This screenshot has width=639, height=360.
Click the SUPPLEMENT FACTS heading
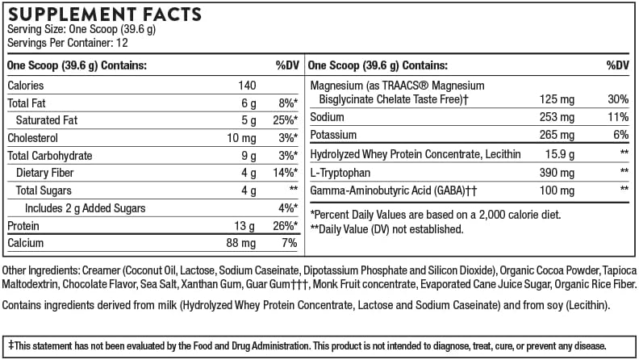(104, 15)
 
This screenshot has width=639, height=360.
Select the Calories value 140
(247, 86)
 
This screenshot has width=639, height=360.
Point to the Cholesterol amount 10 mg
(240, 138)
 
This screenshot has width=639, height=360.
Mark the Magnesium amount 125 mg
(557, 99)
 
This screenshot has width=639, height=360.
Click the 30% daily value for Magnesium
(617, 99)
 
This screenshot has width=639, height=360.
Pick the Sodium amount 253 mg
(557, 117)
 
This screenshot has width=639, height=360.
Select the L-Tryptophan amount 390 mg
(557, 172)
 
